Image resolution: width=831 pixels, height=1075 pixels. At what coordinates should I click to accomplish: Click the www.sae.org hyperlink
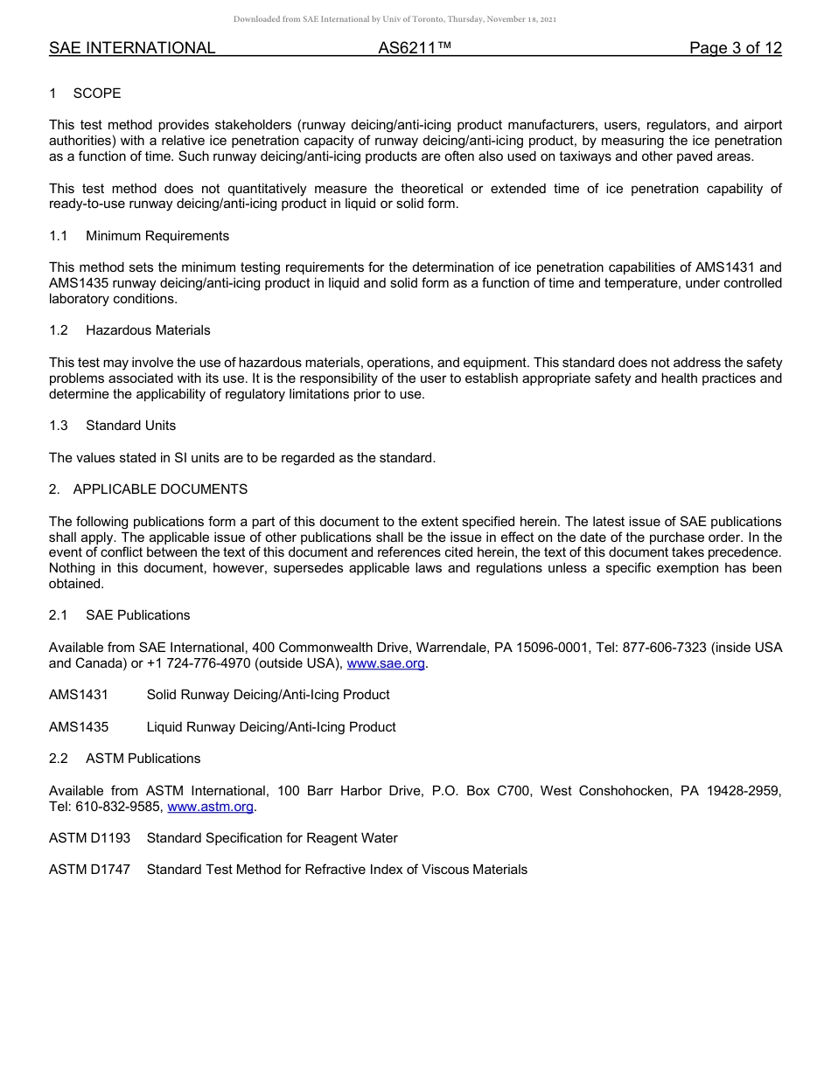click(x=386, y=663)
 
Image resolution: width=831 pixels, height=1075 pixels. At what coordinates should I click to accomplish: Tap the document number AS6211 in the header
click(x=415, y=48)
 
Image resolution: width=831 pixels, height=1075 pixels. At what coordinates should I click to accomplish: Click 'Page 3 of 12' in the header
click(x=735, y=48)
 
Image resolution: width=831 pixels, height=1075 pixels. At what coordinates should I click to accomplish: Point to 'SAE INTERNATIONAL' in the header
click(x=132, y=48)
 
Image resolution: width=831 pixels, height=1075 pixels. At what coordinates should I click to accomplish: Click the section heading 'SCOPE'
click(x=97, y=94)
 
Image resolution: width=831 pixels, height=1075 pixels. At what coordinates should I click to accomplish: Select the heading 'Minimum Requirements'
click(x=157, y=236)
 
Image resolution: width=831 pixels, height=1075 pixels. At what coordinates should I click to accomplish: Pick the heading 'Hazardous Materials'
click(x=148, y=330)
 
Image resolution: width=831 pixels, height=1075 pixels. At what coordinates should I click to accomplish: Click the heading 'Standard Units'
click(x=130, y=426)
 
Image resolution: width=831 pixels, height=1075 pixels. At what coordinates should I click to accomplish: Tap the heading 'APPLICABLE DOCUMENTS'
click(x=160, y=489)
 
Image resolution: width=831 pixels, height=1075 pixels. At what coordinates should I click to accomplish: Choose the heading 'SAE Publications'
click(x=137, y=615)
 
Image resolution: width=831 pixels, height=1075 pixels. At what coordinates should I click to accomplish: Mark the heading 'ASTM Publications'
click(x=143, y=759)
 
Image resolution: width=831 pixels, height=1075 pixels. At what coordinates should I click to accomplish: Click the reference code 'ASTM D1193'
click(x=89, y=838)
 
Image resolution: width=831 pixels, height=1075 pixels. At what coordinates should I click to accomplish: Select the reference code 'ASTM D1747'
click(x=89, y=870)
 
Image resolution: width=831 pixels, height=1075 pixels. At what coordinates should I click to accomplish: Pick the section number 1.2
click(x=59, y=330)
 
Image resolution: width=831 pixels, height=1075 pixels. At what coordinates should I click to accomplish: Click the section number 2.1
click(x=59, y=615)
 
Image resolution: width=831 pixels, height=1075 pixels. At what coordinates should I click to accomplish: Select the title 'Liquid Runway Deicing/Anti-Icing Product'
click(x=271, y=727)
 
